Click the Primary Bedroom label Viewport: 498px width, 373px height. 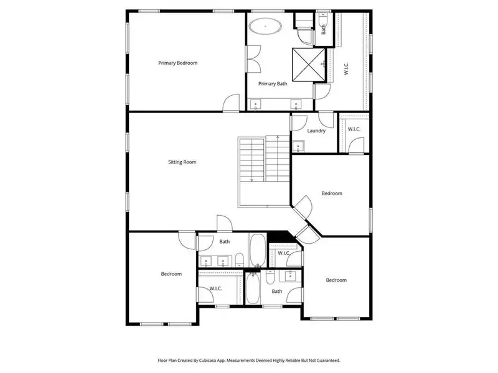[x=177, y=63]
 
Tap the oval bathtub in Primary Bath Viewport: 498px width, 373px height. [x=266, y=27]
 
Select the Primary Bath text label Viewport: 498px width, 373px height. [x=273, y=84]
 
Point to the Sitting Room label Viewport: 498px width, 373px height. [x=182, y=162]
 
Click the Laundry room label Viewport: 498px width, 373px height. [x=316, y=131]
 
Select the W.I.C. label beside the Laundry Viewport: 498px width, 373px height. [x=354, y=129]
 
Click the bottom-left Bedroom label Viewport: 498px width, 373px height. [x=171, y=274]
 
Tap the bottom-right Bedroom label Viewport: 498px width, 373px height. [x=336, y=280]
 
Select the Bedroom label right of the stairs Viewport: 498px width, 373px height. [x=332, y=193]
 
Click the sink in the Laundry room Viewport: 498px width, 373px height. [x=298, y=147]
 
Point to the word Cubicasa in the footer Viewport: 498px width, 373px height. [x=210, y=360]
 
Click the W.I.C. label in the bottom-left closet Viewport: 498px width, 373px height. [x=217, y=288]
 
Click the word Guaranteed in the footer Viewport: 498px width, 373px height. [x=327, y=360]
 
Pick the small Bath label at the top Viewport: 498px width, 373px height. [x=324, y=28]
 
